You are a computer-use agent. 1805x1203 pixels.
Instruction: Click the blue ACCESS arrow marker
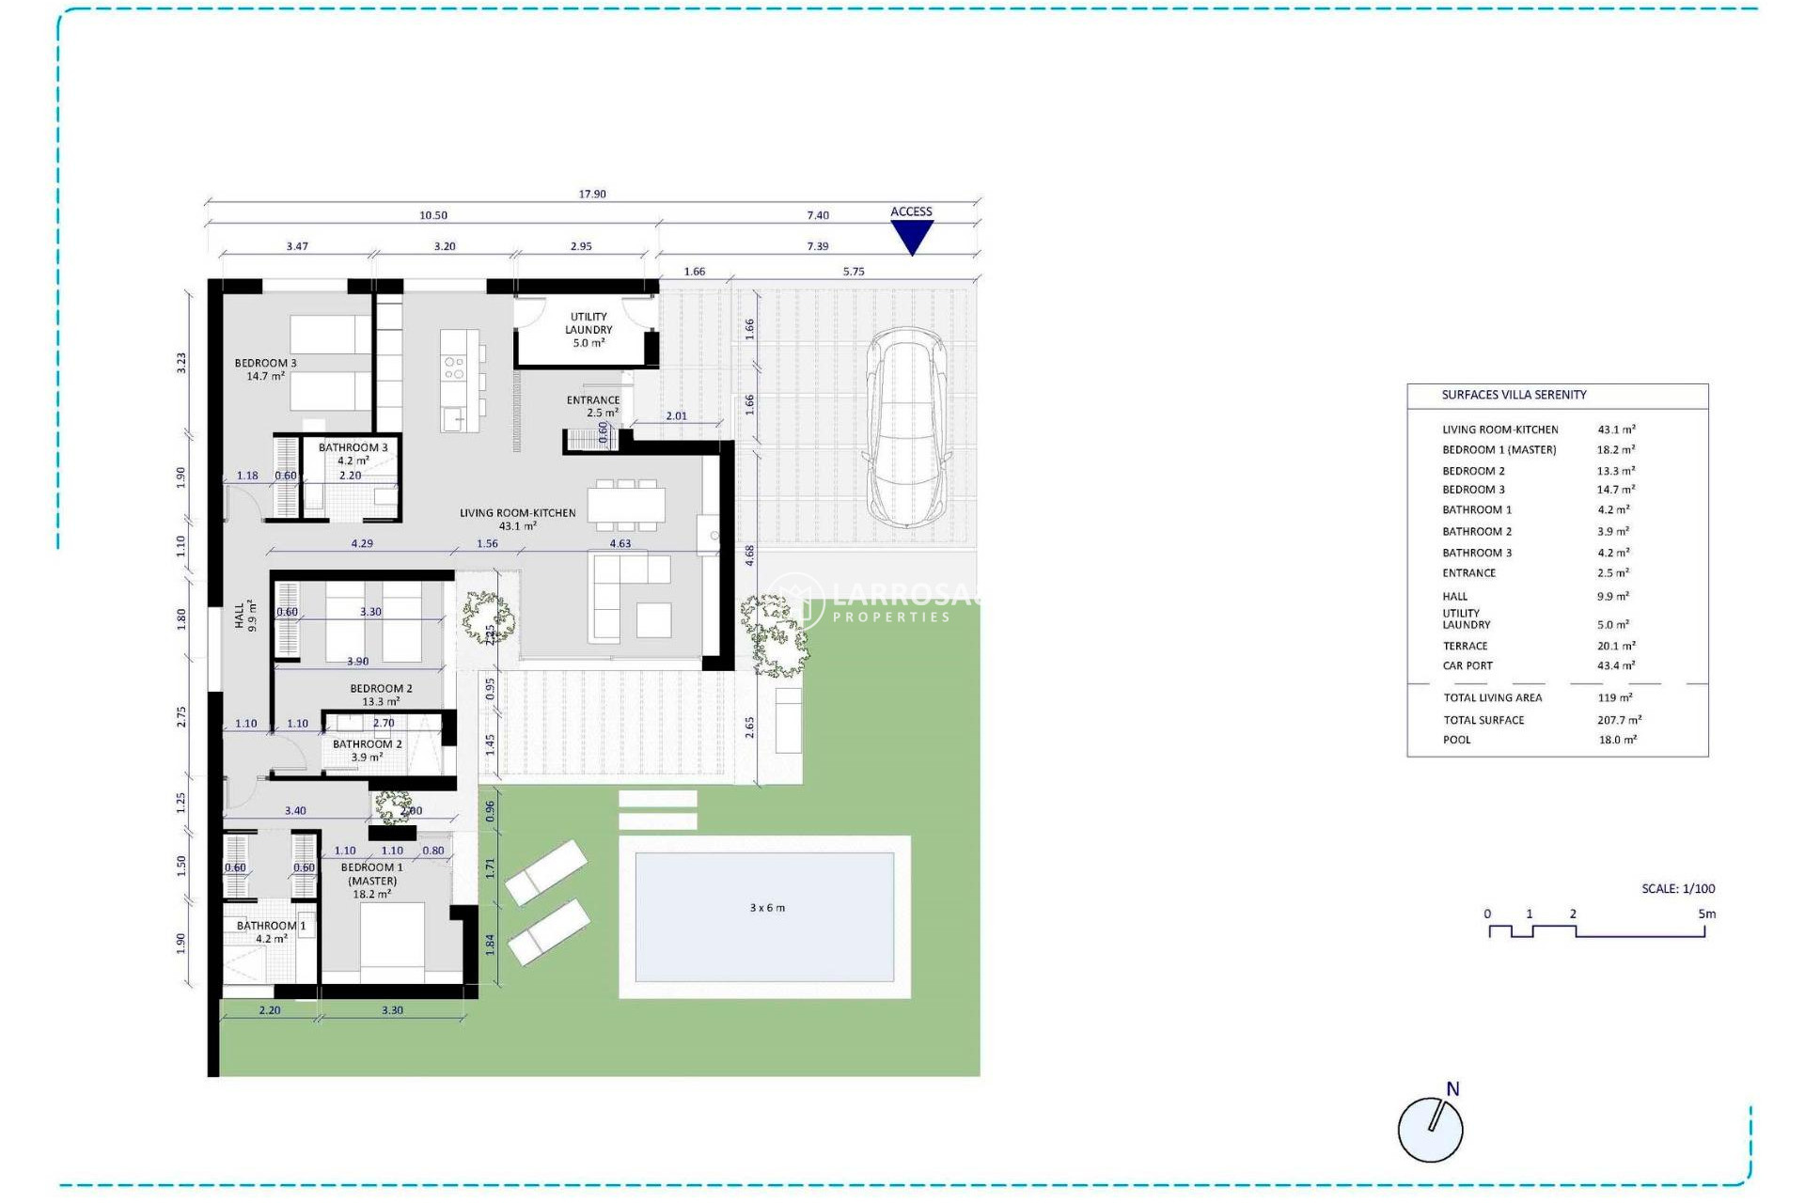(911, 237)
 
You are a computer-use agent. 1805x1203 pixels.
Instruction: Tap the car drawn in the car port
(906, 428)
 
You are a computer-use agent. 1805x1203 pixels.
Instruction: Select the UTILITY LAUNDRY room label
(589, 329)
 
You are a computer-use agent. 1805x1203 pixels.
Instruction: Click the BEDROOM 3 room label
(265, 368)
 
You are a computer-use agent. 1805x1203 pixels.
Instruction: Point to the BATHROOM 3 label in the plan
(353, 453)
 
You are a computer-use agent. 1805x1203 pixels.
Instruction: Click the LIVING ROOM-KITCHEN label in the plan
(517, 519)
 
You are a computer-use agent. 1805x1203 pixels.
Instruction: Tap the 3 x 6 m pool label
(767, 908)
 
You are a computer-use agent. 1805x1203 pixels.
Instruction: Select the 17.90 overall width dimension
(592, 195)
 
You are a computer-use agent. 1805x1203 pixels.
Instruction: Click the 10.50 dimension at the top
(433, 215)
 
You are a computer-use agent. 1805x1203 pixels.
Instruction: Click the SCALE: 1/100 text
(1678, 888)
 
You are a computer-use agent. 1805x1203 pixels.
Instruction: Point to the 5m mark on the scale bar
(1706, 914)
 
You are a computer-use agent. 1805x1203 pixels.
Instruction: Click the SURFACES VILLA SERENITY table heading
(1514, 395)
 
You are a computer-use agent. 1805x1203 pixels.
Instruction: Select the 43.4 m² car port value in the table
(1615, 665)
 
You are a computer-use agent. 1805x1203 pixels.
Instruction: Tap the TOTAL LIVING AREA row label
(1492, 697)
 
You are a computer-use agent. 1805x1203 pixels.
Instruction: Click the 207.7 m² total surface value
(1619, 720)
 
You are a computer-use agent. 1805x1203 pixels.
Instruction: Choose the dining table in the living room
(626, 504)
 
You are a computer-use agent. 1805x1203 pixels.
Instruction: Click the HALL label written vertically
(244, 616)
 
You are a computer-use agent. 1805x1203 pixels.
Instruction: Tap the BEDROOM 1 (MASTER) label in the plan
(372, 881)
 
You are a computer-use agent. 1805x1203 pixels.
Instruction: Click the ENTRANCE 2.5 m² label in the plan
(593, 406)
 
